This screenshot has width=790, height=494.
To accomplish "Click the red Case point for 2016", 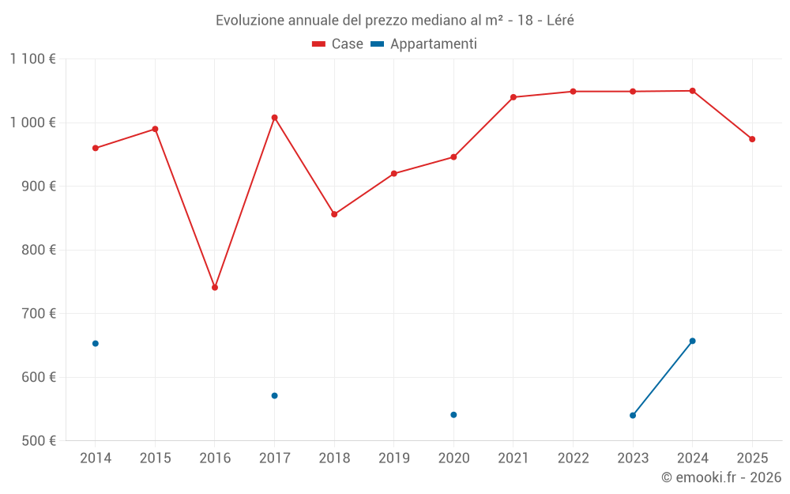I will (x=215, y=288).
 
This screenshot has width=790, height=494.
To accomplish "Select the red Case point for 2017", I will (x=274, y=118).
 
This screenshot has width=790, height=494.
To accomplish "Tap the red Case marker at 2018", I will (x=334, y=214).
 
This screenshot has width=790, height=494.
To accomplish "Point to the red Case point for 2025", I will (x=752, y=139).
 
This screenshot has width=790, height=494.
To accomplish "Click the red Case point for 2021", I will (x=513, y=97).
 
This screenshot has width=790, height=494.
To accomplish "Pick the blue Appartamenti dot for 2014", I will (x=96, y=344).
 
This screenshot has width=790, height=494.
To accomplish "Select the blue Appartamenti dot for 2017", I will (x=274, y=396).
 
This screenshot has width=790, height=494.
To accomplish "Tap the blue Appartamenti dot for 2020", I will (x=453, y=415).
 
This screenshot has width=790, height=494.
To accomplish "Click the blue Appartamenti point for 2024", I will (x=693, y=341).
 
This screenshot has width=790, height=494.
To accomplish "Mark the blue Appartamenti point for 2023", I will (x=633, y=416).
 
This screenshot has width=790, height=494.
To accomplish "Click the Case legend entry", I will (x=338, y=44).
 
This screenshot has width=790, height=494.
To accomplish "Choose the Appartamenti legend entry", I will (x=424, y=44).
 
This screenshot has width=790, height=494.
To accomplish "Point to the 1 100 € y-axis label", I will (x=33, y=58).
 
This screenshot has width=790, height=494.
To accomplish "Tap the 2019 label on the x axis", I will (x=394, y=458).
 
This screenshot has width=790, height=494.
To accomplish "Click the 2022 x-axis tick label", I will (x=573, y=458).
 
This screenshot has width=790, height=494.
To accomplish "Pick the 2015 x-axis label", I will (x=155, y=458).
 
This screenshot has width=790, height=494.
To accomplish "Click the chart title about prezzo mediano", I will (x=395, y=21).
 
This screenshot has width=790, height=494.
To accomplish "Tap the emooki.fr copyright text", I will (x=721, y=477).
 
